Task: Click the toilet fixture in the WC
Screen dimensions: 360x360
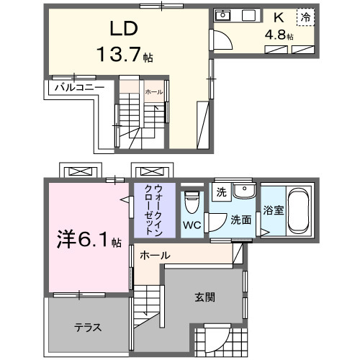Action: pos(191,202)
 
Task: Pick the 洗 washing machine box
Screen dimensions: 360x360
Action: pos(222,192)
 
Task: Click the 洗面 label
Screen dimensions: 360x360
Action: pos(240,220)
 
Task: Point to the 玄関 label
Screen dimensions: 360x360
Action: pos(204,297)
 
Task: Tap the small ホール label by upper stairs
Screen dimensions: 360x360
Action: pos(153,93)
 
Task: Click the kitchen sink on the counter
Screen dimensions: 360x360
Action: pos(223,15)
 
